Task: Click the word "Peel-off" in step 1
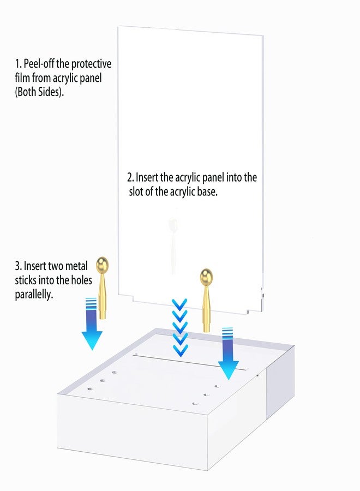[x=39, y=64]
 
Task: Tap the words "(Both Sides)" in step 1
[x=39, y=92]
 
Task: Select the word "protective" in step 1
[x=91, y=64]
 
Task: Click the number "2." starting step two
[x=130, y=177]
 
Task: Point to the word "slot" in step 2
[x=136, y=191]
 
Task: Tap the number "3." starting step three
[x=18, y=266]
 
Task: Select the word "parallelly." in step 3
[x=34, y=295]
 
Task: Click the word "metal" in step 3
[x=76, y=266]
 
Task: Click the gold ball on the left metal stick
[x=103, y=264]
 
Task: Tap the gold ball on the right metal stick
[x=206, y=276]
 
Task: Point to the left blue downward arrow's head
[x=92, y=340]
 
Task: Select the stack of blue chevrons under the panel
[x=179, y=327]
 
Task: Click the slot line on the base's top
[x=190, y=362]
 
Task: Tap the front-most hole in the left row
[x=90, y=389]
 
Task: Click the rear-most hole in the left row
[x=114, y=372]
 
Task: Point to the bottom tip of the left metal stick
[x=103, y=319]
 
